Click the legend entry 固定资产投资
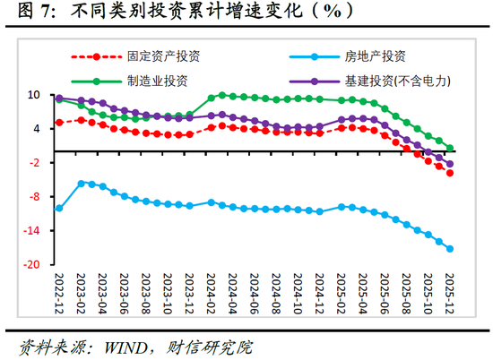point(162,56)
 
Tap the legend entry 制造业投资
point(156,80)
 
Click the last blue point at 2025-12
point(450,249)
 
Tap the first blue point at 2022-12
point(59,208)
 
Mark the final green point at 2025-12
point(450,148)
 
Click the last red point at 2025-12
point(450,173)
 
